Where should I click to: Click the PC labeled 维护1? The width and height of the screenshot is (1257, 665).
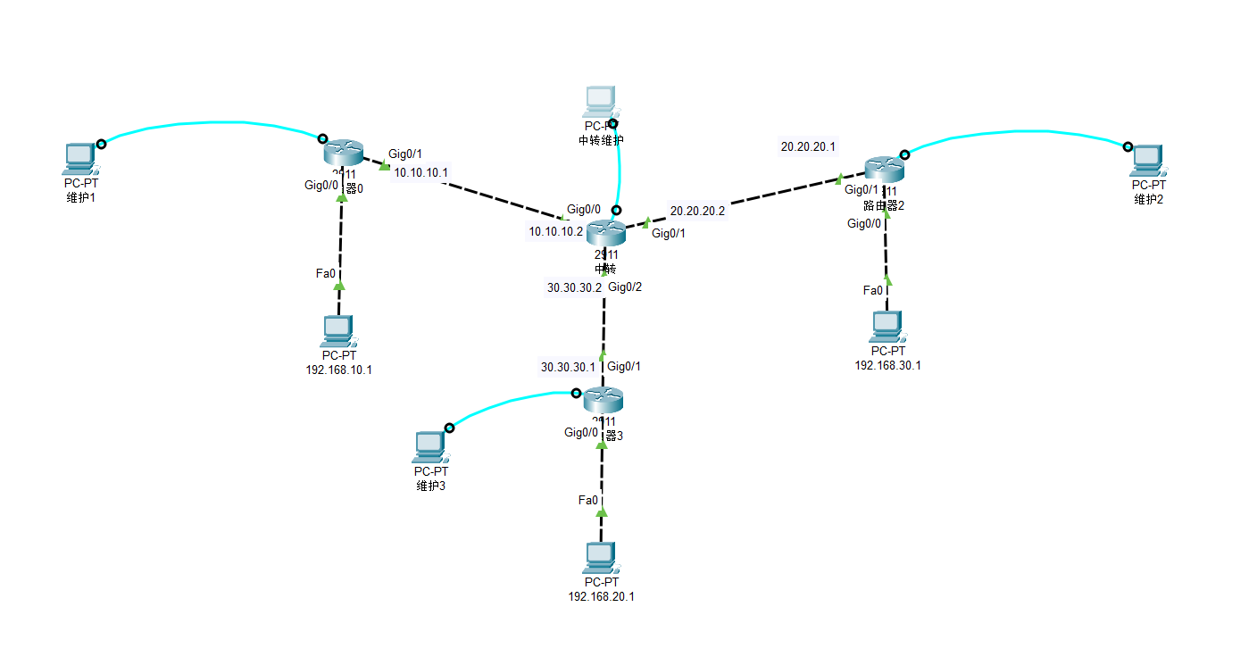click(x=79, y=159)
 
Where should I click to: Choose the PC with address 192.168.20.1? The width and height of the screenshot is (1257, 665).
click(x=600, y=558)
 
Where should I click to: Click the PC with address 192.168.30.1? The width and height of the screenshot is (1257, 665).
click(x=887, y=328)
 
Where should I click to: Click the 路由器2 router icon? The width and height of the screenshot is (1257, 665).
click(x=885, y=168)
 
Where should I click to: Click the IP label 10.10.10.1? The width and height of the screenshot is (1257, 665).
click(x=420, y=172)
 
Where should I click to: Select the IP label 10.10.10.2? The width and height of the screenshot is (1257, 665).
click(x=555, y=231)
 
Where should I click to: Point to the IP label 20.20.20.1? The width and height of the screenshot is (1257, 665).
click(x=808, y=146)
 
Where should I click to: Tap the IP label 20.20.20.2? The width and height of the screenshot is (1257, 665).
click(x=697, y=212)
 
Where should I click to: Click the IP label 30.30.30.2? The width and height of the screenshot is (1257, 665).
click(x=574, y=288)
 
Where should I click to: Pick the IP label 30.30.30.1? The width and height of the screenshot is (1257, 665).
click(x=568, y=367)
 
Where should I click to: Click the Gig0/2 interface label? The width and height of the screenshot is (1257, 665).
click(x=625, y=287)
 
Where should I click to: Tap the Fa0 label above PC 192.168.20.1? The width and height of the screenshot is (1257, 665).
click(x=588, y=500)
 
